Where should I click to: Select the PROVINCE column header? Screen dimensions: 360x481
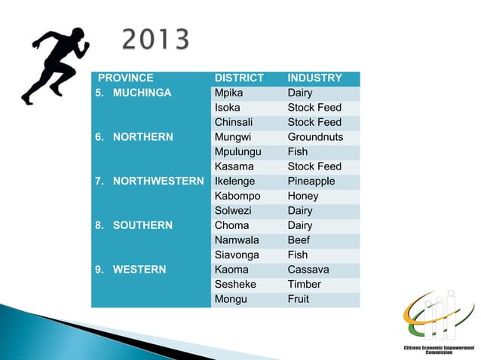(x=126, y=78)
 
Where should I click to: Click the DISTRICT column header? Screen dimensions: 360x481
(x=239, y=78)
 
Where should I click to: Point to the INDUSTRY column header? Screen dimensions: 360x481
(x=314, y=78)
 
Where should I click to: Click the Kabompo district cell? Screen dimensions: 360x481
(x=236, y=196)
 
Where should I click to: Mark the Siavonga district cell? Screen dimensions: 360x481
(x=237, y=255)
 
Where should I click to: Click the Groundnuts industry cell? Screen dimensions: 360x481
(x=315, y=137)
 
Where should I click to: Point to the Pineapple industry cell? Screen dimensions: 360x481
(x=311, y=182)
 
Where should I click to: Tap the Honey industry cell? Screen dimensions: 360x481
(x=302, y=196)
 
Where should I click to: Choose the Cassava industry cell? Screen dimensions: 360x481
(x=308, y=270)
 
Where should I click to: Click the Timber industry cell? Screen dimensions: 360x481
(x=304, y=285)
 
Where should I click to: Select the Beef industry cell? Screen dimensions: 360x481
(x=299, y=240)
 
